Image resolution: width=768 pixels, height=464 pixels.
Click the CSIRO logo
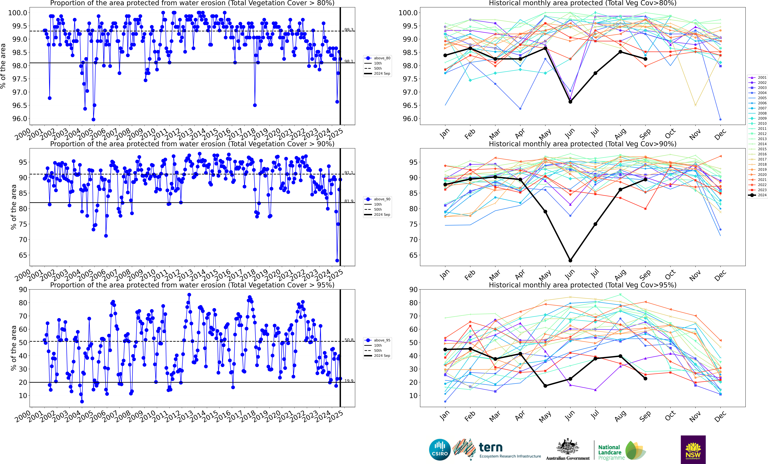click(439, 450)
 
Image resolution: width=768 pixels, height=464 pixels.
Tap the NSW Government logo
click(693, 450)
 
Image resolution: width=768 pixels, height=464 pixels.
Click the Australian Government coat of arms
click(568, 447)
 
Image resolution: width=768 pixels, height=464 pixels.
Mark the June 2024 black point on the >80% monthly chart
click(570, 102)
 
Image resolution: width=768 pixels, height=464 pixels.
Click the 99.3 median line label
click(349, 30)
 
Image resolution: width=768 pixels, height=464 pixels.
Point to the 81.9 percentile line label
click(349, 201)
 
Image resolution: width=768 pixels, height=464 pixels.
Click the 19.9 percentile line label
click(349, 381)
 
